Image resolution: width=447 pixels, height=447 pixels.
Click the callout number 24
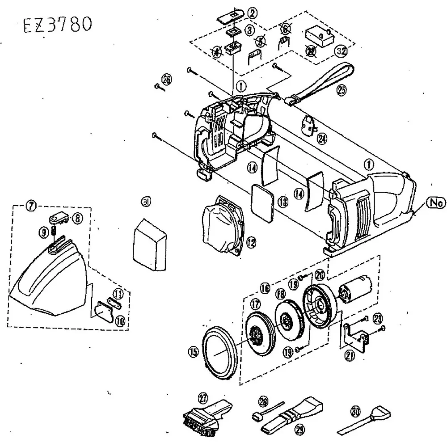321,139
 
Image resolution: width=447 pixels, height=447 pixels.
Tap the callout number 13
283,202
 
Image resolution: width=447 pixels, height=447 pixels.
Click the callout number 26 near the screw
166,80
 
